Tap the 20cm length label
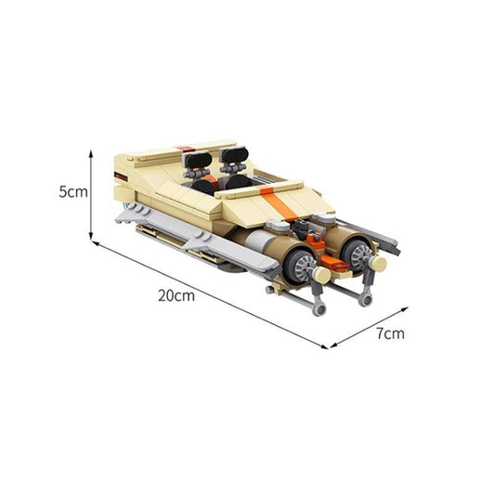coord(176,298)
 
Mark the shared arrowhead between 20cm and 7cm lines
coord(327,345)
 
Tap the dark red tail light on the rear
coord(119,174)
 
